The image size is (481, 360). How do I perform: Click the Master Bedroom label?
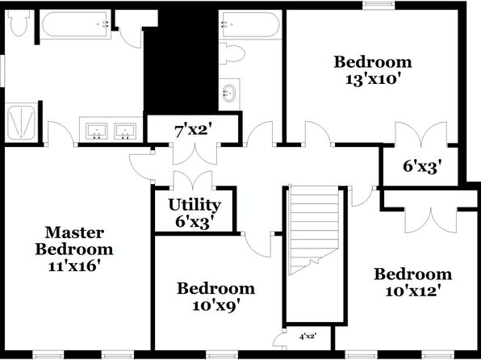tap(74, 241)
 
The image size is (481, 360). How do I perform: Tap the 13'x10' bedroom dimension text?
tap(374, 79)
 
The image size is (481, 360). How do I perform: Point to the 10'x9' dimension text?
tap(215, 305)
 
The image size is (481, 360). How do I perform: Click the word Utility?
tap(194, 205)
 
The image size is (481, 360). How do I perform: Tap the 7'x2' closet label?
tap(194, 131)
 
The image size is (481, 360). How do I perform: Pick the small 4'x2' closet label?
tap(307, 337)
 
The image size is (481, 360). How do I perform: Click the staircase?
tap(315, 229)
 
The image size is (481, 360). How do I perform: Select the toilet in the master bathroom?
tap(19, 23)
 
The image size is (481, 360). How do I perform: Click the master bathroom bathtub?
tap(75, 24)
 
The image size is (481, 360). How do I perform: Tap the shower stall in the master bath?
tap(22, 122)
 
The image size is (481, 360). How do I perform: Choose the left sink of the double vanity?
tap(96, 131)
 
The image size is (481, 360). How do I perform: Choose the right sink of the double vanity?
tap(125, 131)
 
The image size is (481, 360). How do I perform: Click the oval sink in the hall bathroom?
tap(229, 93)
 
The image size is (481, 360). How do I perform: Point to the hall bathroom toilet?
tap(231, 54)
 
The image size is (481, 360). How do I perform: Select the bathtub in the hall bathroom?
tap(250, 24)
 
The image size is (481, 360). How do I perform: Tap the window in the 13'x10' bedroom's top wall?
tap(379, 4)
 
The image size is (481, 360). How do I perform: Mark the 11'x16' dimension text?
tap(74, 266)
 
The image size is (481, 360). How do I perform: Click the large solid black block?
tap(181, 61)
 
